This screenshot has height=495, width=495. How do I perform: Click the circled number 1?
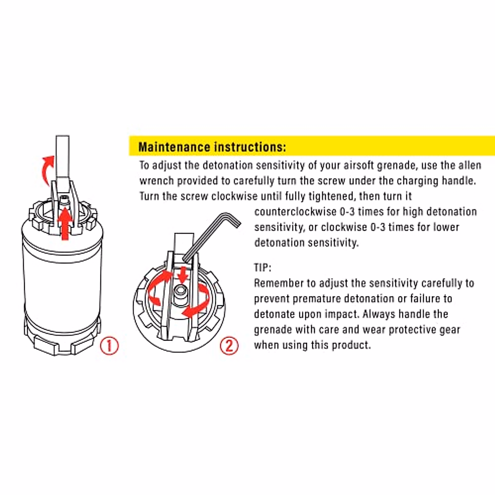tap(109, 346)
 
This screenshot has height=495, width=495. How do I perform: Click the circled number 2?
tap(229, 346)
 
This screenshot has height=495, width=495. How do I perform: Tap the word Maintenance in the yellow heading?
tap(174, 147)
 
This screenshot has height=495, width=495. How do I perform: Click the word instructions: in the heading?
tap(250, 147)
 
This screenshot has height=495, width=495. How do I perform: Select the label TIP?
tap(262, 268)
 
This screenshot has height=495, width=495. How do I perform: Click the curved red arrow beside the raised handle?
tap(48, 170)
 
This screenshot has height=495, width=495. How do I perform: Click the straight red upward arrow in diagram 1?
tap(65, 224)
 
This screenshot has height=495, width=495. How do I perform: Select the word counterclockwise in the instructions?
tap(295, 212)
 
